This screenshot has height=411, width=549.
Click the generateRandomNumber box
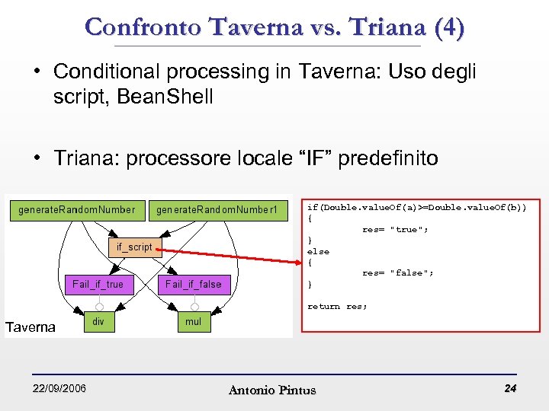[x=77, y=209]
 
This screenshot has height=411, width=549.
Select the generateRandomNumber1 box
[x=217, y=209]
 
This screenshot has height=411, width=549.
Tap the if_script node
[x=134, y=247]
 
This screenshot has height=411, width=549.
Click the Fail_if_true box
[x=98, y=284]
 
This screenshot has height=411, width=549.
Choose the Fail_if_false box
[x=193, y=284]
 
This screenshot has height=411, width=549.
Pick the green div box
[x=98, y=322]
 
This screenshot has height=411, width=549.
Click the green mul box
[x=194, y=322]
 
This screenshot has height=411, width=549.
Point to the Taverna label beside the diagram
[x=30, y=327]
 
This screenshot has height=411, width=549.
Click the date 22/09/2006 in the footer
[x=59, y=389]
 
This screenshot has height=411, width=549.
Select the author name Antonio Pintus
[x=272, y=390]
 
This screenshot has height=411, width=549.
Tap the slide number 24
[x=510, y=389]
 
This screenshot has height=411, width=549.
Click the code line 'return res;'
[x=337, y=306]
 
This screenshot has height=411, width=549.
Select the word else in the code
[x=318, y=251]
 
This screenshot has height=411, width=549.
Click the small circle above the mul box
[x=194, y=307]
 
